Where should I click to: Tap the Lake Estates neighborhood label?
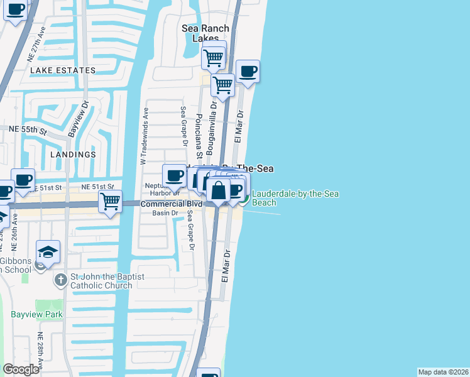63,71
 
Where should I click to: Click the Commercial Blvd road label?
172,204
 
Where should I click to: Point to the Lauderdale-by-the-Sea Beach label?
295,198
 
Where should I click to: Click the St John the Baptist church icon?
60,279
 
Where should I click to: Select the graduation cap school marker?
48,252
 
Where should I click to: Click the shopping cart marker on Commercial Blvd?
110,202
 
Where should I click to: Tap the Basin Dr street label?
166,213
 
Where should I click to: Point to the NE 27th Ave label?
36,44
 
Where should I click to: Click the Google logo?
20,369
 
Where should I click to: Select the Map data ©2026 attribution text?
443,372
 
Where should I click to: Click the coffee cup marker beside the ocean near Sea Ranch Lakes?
248,72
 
